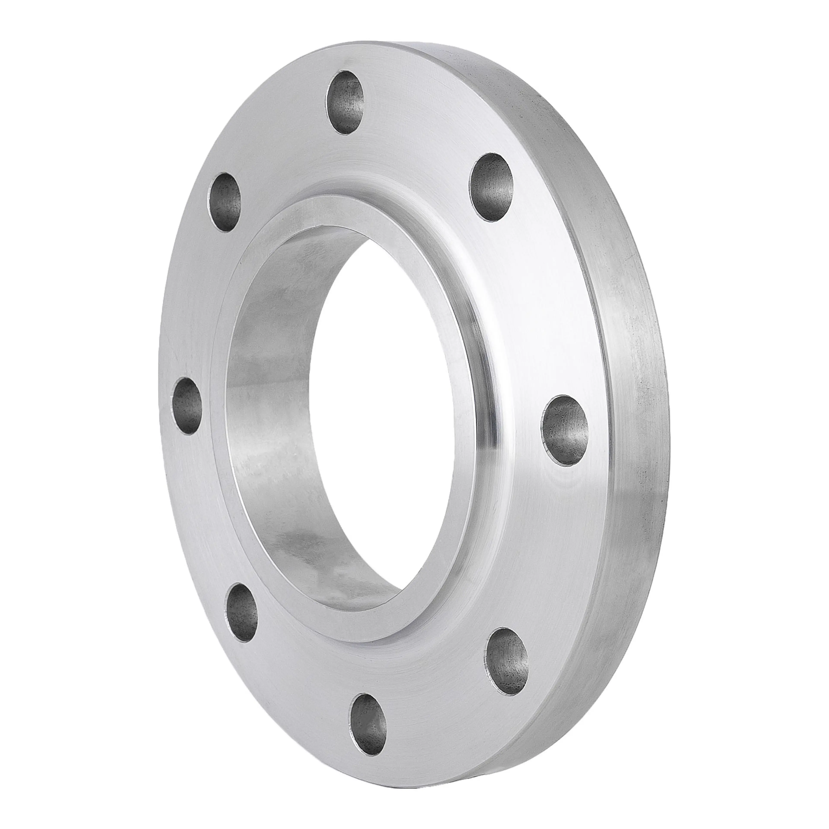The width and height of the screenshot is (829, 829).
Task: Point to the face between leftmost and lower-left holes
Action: click(206, 515)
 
